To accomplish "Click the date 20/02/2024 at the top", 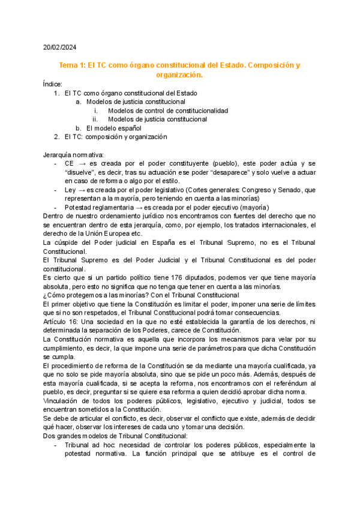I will [59, 47].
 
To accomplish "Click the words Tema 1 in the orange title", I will [71, 65].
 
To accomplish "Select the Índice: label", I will [52, 85].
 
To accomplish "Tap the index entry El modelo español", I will [113, 128].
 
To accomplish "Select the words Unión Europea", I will [98, 233].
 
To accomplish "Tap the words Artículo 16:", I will [61, 322].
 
